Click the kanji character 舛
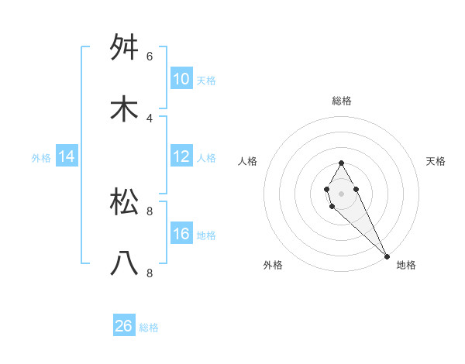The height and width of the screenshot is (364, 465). click(x=124, y=47)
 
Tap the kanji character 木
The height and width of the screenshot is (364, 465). click(x=124, y=109)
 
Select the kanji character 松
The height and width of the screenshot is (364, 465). click(x=124, y=202)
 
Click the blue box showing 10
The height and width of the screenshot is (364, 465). click(x=181, y=79)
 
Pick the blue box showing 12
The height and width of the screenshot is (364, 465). click(x=181, y=156)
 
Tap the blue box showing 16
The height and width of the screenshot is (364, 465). click(x=181, y=234)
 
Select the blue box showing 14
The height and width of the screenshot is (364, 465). click(x=67, y=156)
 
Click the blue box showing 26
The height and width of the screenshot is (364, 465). click(x=124, y=326)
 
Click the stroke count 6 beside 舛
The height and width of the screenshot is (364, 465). click(x=150, y=56)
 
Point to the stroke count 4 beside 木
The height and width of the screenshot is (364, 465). click(x=150, y=118)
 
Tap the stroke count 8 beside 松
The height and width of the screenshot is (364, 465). click(x=150, y=211)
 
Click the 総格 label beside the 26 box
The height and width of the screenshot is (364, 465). click(x=149, y=328)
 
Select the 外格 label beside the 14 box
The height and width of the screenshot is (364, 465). click(x=41, y=158)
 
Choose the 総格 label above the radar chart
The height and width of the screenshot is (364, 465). click(x=341, y=101)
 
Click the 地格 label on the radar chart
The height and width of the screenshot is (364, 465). click(x=406, y=265)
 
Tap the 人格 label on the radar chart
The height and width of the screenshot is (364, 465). click(x=248, y=161)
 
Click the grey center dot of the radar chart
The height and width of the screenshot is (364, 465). click(x=341, y=192)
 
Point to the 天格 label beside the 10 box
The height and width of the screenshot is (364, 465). click(x=206, y=81)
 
